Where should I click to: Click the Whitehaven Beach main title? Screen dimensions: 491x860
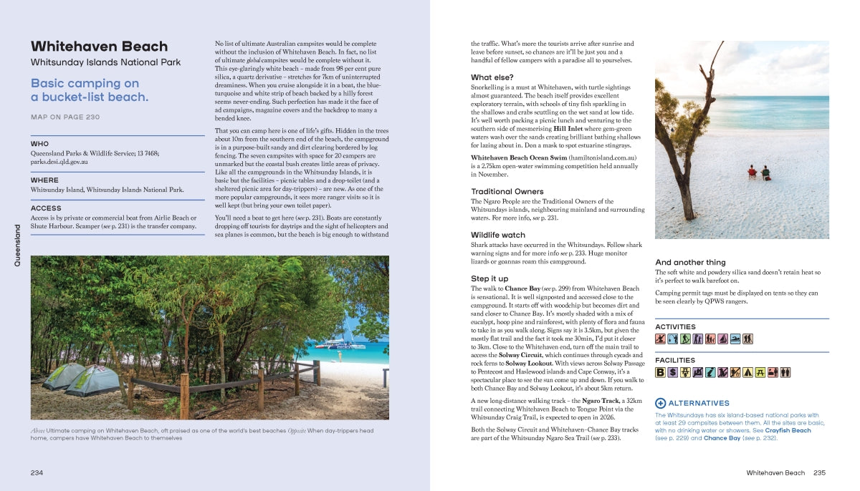[99, 47]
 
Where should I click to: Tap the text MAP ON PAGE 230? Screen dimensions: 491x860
[65, 117]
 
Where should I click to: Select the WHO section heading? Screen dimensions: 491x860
[40, 144]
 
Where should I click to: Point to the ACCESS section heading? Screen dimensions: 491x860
[46, 208]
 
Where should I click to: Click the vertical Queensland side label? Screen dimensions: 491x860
[18, 245]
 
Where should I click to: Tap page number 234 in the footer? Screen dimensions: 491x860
[37, 472]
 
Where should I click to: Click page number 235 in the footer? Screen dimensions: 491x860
[820, 472]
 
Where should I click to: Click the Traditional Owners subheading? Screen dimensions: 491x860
[507, 191]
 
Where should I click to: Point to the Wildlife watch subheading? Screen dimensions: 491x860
[497, 235]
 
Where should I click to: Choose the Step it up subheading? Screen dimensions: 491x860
[489, 278]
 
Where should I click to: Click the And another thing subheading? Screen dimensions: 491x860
[690, 263]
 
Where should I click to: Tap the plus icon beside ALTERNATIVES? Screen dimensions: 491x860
[661, 403]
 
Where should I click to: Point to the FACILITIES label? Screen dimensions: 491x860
[675, 360]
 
